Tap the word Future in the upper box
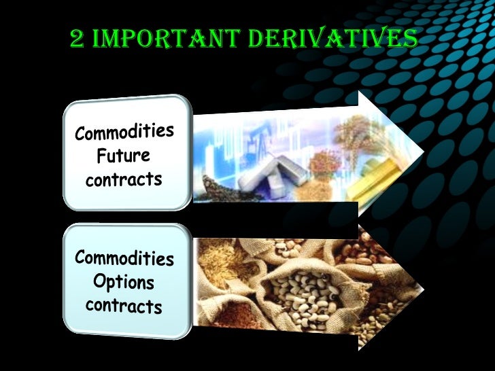(x=123, y=156)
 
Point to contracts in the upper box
(x=124, y=180)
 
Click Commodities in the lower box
(x=124, y=258)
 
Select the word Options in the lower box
(x=124, y=282)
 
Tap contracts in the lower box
(x=124, y=305)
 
